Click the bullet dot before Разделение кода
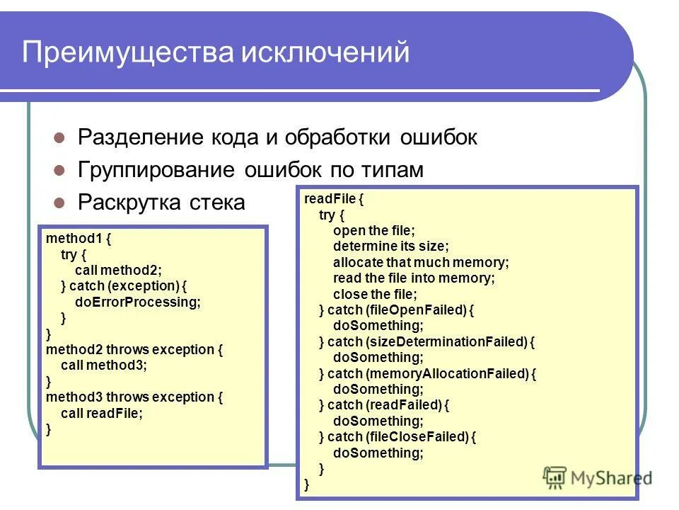pyautogui.click(x=60, y=137)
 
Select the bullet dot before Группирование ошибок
pyautogui.click(x=60, y=171)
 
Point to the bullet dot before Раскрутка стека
pyautogui.click(x=60, y=203)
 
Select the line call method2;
pyautogui.click(x=118, y=270)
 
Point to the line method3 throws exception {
pyautogui.click(x=134, y=397)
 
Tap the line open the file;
pyautogui.click(x=374, y=230)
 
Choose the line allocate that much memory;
pyautogui.click(x=421, y=262)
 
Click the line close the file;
pyautogui.click(x=375, y=294)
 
